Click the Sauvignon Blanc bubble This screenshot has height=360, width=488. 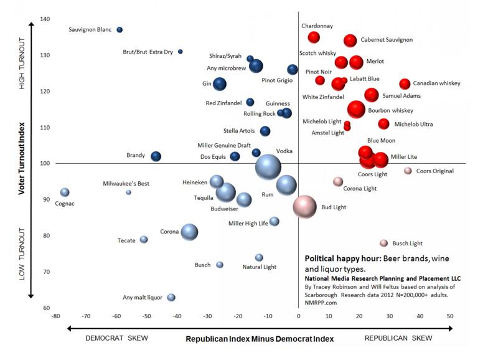(x=120, y=30)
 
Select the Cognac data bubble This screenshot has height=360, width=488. (x=65, y=192)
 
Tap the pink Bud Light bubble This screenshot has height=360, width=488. (x=305, y=207)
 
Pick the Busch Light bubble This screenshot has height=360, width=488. (x=384, y=243)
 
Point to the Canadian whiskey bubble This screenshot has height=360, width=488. (x=405, y=83)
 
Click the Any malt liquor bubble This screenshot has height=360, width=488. (x=171, y=298)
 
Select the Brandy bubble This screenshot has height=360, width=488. (x=156, y=156)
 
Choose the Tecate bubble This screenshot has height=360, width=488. (x=144, y=240)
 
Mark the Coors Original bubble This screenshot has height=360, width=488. (x=408, y=171)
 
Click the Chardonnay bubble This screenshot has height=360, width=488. (x=314, y=37)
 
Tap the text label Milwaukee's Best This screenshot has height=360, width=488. (x=126, y=184)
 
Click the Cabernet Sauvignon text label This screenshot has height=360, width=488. (x=387, y=40)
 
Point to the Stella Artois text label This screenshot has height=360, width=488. (x=238, y=131)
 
